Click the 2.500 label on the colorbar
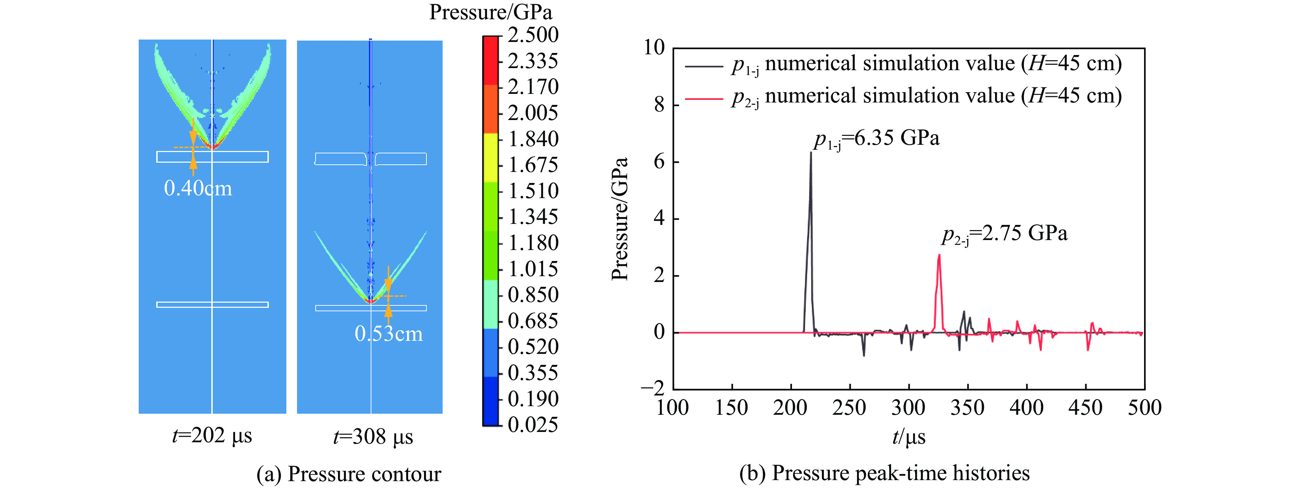(x=533, y=35)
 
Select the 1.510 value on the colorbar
(x=533, y=191)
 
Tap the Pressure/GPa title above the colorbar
(x=490, y=12)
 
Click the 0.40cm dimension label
(x=198, y=188)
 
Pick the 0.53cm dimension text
(x=388, y=334)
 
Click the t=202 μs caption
(x=212, y=435)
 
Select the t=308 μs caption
(x=373, y=436)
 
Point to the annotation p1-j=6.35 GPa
(x=877, y=139)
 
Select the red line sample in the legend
(x=704, y=98)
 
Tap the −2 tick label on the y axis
(x=653, y=389)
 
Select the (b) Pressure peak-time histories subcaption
(x=884, y=473)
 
